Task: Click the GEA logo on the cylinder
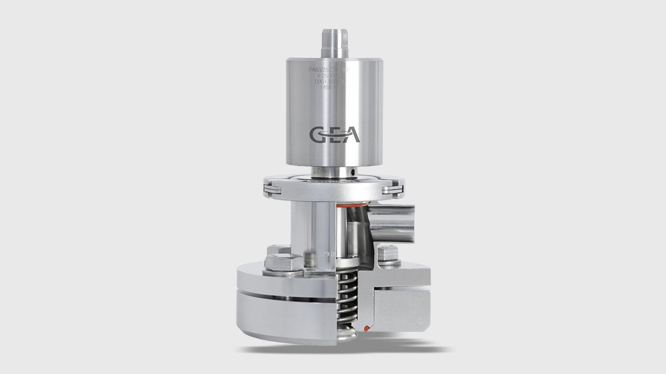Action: tap(334, 135)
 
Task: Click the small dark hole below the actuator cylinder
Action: tap(354, 175)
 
